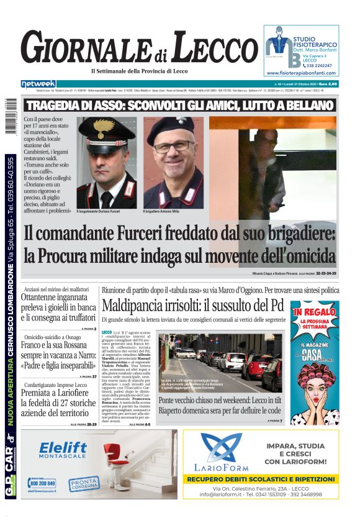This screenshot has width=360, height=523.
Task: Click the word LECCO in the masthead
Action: tap(206, 49)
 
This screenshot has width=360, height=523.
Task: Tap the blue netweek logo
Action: tap(38, 84)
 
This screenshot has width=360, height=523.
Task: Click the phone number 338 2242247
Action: tap(317, 65)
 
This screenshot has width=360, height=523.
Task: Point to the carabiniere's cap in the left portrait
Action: tap(107, 130)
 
